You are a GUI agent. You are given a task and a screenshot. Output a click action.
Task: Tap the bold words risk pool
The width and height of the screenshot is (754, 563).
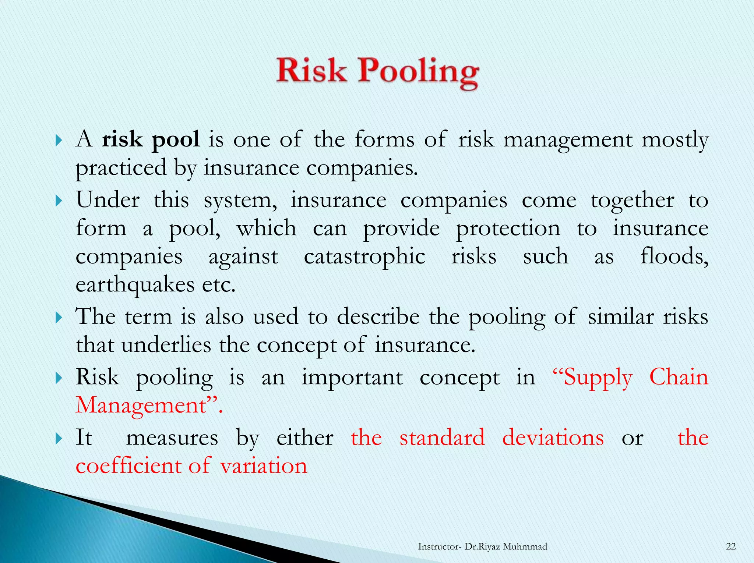[x=151, y=140]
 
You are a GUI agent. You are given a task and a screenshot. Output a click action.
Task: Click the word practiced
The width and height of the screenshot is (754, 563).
[x=121, y=168]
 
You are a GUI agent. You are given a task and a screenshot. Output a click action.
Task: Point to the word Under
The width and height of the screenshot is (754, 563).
[x=108, y=200]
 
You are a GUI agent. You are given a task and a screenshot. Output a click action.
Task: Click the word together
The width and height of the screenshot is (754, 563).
[x=633, y=201]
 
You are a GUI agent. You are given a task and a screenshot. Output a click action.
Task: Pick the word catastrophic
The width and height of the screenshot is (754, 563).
[x=364, y=256]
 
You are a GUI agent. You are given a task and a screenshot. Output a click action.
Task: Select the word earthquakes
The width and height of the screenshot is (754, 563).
[x=135, y=285]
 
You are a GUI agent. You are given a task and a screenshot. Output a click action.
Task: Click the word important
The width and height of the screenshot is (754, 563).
[x=352, y=378]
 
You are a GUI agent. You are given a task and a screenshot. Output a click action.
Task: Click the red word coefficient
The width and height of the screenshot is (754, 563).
[x=128, y=465]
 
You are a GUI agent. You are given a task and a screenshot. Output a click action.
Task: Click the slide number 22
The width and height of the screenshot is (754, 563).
[x=731, y=546]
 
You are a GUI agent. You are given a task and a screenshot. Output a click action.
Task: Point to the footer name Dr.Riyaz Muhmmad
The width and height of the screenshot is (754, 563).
[x=506, y=546]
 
